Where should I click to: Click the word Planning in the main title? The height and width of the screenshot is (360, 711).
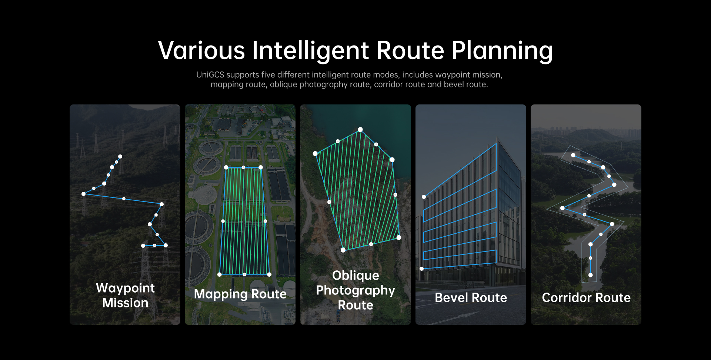click(502, 51)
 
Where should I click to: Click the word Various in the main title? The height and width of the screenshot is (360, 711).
click(201, 50)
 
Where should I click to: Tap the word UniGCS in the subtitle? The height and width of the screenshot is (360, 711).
click(210, 75)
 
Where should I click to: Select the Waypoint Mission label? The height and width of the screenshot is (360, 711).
click(125, 295)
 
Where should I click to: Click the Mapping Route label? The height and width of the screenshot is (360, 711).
click(240, 294)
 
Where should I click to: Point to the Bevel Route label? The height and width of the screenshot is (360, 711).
click(471, 297)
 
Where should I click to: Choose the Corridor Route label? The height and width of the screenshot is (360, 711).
click(586, 297)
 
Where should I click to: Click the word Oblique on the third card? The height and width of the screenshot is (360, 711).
click(355, 276)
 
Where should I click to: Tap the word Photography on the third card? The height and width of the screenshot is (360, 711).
click(355, 290)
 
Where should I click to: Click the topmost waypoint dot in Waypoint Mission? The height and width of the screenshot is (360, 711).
click(120, 157)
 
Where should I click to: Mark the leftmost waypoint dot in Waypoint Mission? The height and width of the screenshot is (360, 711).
click(84, 194)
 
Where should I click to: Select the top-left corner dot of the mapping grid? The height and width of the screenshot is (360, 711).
click(226, 167)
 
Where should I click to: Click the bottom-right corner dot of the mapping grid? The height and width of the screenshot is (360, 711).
click(269, 274)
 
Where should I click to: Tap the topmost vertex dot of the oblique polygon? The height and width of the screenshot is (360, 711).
click(360, 129)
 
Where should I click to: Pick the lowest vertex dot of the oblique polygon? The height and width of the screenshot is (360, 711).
click(343, 250)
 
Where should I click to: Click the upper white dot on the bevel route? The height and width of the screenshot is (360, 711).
click(424, 197)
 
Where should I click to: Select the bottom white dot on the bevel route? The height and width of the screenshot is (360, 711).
click(421, 269)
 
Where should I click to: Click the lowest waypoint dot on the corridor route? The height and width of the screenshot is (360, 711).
click(590, 275)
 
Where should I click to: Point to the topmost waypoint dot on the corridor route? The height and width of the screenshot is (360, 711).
click(573, 155)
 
